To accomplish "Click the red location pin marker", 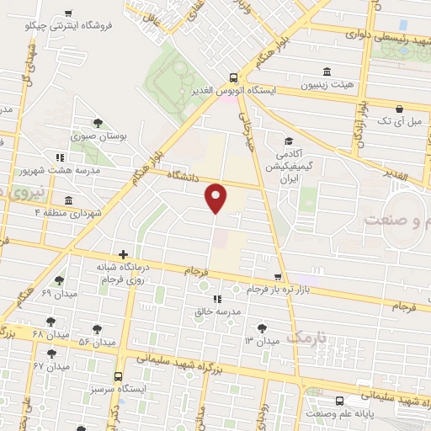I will pos(216,197).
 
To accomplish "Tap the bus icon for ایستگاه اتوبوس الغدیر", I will pos(235,75).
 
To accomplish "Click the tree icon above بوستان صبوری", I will pos(98,123).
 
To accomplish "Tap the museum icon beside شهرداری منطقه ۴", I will pos(68,200).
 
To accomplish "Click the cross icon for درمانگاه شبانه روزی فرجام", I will pos(124,254).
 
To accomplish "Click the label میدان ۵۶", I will pos(97,343).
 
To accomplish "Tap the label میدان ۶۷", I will pos(51,366).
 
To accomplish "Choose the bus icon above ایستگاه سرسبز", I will pos(118,376).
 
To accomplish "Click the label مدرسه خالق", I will pos(219,311).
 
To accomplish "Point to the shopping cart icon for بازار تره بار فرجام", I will pos(279,277).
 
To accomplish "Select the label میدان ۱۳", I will pos(261,340).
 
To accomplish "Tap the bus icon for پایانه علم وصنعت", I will pos(338,402).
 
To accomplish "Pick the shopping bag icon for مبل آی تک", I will pos(399,109).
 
